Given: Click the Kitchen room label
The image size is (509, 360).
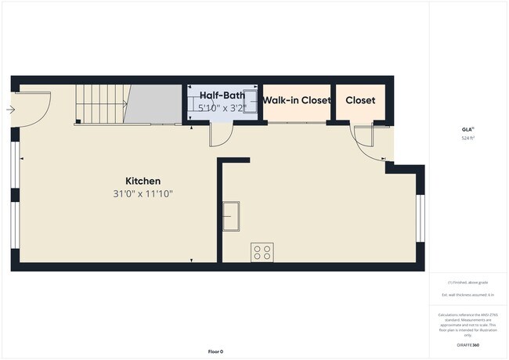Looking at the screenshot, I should [x=143, y=179].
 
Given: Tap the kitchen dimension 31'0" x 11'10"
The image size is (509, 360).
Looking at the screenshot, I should [x=143, y=193].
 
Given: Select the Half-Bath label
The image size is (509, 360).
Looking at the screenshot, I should [x=222, y=95].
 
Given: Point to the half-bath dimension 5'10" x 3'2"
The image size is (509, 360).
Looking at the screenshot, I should [x=222, y=108].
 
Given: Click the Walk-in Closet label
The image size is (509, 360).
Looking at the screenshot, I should [x=296, y=100].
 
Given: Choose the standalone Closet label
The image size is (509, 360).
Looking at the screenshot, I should [x=360, y=100].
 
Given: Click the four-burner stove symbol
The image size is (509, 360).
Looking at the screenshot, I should [x=262, y=252].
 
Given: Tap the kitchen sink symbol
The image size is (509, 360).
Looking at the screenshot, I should [x=232, y=212].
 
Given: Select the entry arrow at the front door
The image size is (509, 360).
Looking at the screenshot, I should [x=10, y=110].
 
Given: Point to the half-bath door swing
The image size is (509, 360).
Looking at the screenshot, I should [x=220, y=135].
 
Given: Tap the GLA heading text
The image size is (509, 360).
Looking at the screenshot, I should [x=467, y=129].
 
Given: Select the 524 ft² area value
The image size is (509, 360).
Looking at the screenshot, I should [x=467, y=138].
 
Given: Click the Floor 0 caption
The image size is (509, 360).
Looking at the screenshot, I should [x=215, y=351].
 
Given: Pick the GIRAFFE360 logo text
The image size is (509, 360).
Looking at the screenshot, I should [x=467, y=345].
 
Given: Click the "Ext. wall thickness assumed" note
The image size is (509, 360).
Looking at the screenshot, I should [x=467, y=295].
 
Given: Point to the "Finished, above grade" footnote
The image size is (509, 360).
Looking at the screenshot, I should [x=467, y=281].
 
